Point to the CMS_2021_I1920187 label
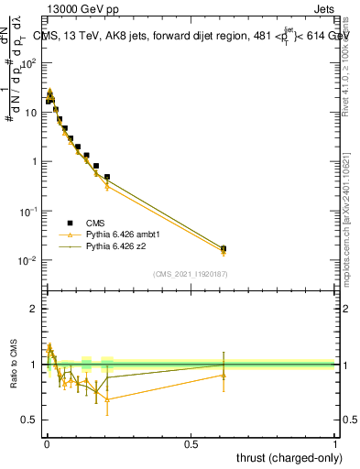[190, 273]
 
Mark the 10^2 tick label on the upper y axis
[28, 63]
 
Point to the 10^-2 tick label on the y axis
[28, 260]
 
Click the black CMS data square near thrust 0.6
[224, 248]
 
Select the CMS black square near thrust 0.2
[107, 177]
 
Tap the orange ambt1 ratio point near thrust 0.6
[224, 375]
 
